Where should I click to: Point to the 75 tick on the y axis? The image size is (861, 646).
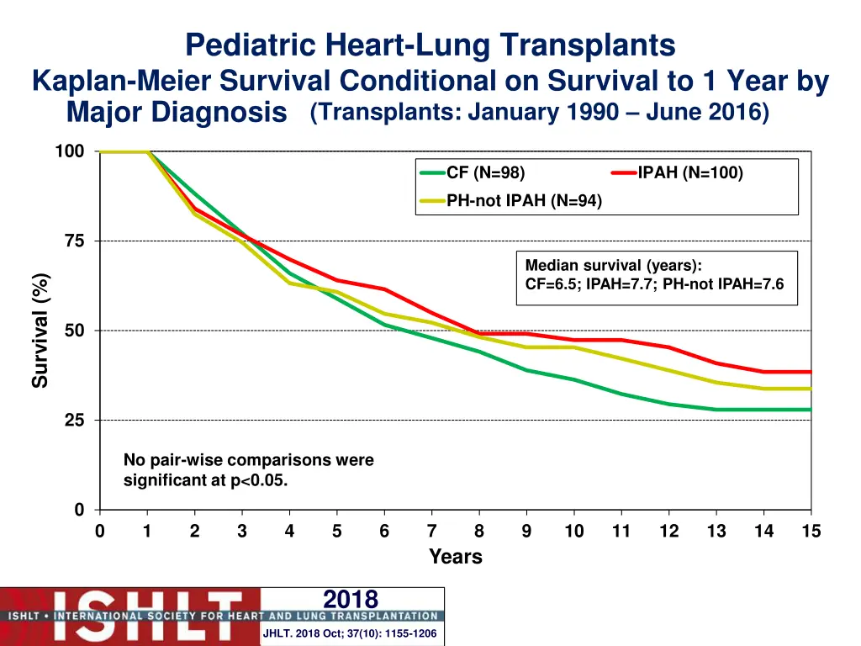point(74,241)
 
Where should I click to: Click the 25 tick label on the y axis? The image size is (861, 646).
point(74,421)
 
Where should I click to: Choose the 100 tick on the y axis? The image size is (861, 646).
point(70,151)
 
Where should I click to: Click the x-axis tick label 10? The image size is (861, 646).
point(573,532)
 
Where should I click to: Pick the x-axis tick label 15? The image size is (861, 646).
point(811,532)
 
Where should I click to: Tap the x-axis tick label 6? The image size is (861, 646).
point(384,532)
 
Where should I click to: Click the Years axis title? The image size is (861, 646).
point(455,557)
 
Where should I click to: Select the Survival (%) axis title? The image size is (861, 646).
point(40,331)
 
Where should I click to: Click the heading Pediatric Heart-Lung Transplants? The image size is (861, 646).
point(430,44)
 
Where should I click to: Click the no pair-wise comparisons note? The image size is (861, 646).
point(248,470)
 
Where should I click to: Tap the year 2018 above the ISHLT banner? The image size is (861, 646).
point(351,599)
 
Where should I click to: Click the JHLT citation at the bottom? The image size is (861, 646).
point(350,633)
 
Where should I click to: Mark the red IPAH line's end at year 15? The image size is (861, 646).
point(810,372)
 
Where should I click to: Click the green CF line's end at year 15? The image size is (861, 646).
point(810,410)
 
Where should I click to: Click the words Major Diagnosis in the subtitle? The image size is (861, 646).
point(177,112)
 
